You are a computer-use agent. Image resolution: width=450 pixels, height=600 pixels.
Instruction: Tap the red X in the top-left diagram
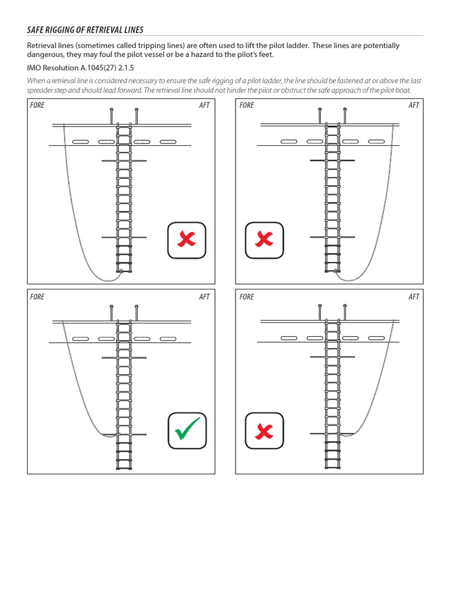(x=187, y=240)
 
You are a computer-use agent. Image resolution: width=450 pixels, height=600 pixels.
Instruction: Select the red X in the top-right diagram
(x=264, y=240)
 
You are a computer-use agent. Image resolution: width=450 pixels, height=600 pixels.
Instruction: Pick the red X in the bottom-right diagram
(x=264, y=432)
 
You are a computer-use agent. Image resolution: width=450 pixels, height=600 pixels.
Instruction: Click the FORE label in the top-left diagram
(x=37, y=105)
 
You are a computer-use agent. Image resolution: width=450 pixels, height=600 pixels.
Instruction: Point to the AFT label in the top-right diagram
(x=414, y=105)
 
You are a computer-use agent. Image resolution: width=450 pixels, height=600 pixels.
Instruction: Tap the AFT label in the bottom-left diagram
(x=204, y=297)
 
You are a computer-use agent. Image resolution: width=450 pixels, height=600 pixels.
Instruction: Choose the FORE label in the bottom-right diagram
(x=247, y=297)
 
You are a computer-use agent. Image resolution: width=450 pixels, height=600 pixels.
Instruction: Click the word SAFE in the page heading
(x=37, y=29)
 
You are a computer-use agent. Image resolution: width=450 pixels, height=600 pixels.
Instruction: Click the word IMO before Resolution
(x=34, y=68)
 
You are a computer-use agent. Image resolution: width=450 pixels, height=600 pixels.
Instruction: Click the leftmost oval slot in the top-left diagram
(x=81, y=142)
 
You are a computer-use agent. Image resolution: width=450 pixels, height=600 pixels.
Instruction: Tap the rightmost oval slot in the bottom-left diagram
(x=168, y=339)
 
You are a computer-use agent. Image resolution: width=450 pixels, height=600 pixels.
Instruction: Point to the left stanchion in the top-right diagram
(x=319, y=116)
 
